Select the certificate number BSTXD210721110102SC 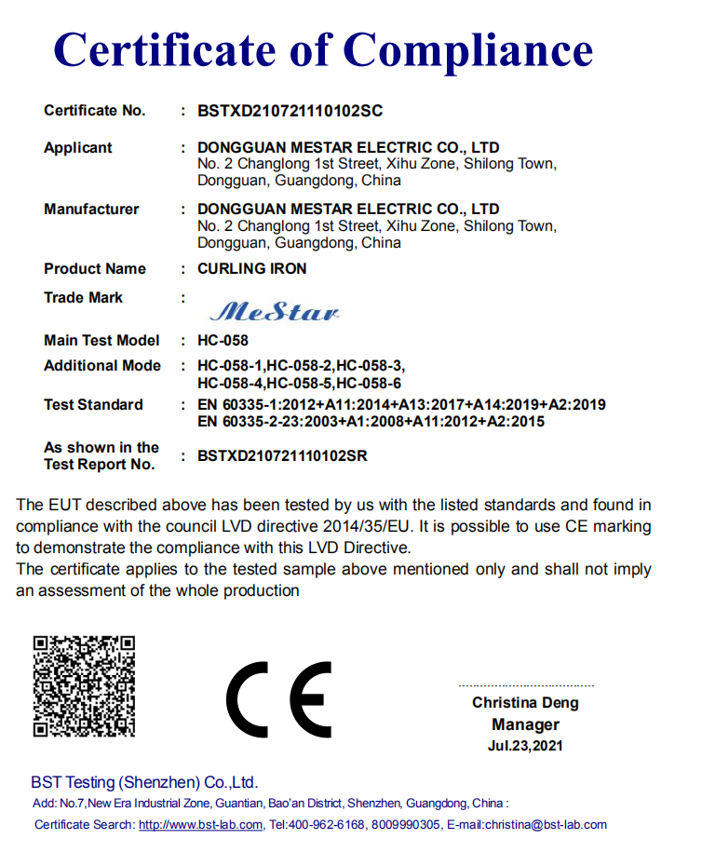click(290, 111)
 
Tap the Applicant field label click(77, 148)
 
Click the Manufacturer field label click(91, 210)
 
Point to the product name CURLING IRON click(251, 269)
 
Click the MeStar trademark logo click(275, 311)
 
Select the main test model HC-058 click(223, 341)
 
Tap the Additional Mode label click(102, 366)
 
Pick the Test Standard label click(93, 405)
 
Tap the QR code click(84, 686)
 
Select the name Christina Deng click(525, 703)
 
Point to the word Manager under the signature click(525, 724)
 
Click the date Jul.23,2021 click(525, 746)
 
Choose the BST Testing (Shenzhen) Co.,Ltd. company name click(144, 782)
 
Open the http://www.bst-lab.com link click(200, 825)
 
